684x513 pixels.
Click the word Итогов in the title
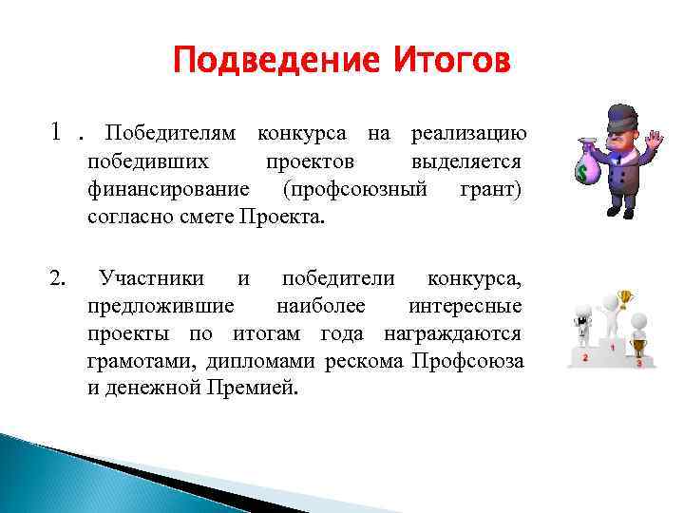pyautogui.click(x=450, y=63)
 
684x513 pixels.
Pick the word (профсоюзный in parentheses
pyautogui.click(x=354, y=189)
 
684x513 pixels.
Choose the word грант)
pyautogui.click(x=491, y=189)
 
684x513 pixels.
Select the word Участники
pyautogui.click(x=152, y=278)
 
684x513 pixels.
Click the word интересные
pyautogui.click(x=465, y=306)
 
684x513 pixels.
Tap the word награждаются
pyautogui.click(x=453, y=334)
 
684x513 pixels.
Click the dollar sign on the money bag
pyautogui.click(x=581, y=175)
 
